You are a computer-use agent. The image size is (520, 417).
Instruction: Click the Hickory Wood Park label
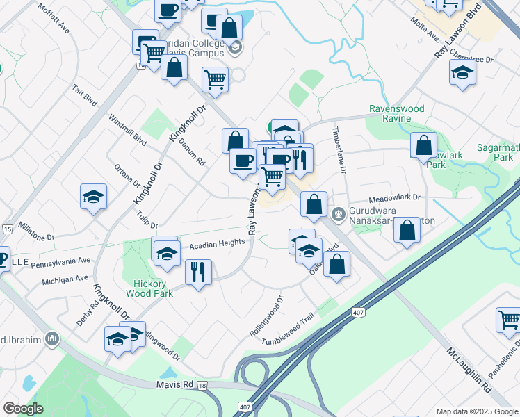152,288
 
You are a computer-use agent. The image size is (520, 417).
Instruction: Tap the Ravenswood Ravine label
394,113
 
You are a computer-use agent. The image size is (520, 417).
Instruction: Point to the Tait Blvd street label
84,96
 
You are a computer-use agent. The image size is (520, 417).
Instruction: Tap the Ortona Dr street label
127,177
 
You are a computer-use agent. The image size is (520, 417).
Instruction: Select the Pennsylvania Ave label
60,263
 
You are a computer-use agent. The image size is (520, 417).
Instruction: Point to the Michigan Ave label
65,279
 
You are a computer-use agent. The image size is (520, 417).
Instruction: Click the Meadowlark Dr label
395,197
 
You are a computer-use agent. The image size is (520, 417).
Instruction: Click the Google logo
23,408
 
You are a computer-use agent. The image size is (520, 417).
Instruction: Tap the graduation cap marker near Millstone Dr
93,197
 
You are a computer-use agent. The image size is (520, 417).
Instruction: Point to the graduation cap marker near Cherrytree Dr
462,72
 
